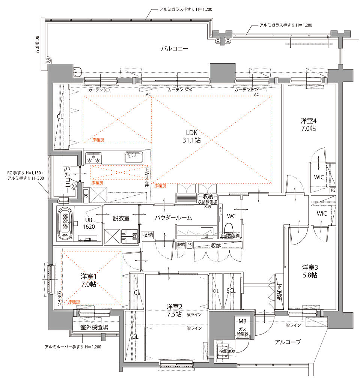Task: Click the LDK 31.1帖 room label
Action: click(x=191, y=136)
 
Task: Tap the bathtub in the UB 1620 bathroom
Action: click(x=65, y=223)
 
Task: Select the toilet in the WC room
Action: click(x=229, y=228)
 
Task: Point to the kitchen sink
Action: click(x=134, y=157)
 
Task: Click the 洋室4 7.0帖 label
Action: click(x=309, y=124)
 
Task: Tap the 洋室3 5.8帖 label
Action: click(x=310, y=271)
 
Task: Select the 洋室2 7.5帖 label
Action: click(x=174, y=310)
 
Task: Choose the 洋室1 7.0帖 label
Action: click(x=89, y=280)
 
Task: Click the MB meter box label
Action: click(x=242, y=321)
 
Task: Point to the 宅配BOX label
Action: click(x=227, y=351)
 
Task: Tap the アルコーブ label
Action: click(x=288, y=342)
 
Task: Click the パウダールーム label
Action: click(x=173, y=217)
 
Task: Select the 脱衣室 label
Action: click(x=121, y=218)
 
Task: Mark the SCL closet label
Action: click(x=231, y=291)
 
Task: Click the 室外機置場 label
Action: click(x=95, y=327)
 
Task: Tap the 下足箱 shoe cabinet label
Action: click(x=279, y=292)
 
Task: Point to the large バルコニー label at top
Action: click(x=175, y=48)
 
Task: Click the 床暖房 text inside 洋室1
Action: click(x=74, y=302)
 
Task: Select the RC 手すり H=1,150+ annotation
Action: click(x=25, y=173)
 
